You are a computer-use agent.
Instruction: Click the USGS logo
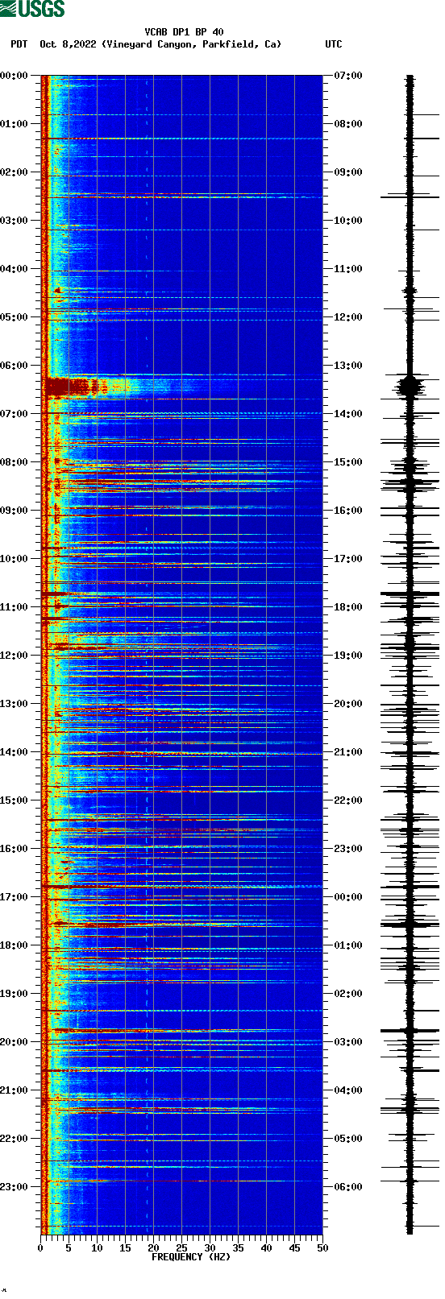pyautogui.click(x=32, y=9)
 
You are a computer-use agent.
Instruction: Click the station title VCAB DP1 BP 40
pyautogui.click(x=184, y=32)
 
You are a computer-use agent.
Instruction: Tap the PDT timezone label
pyautogui.click(x=19, y=44)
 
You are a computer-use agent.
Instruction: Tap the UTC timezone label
pyautogui.click(x=333, y=44)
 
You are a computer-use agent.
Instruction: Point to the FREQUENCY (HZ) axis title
pyautogui.click(x=191, y=1256)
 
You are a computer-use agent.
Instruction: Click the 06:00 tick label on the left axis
pyautogui.click(x=14, y=366)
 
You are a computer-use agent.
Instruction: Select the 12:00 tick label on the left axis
pyautogui.click(x=14, y=656)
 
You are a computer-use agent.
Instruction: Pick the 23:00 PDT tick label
pyautogui.click(x=14, y=1187)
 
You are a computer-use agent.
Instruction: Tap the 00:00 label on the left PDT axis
pyautogui.click(x=14, y=76)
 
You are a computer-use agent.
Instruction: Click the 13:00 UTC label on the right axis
pyautogui.click(x=347, y=366)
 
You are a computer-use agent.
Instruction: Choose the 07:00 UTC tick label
pyautogui.click(x=347, y=76)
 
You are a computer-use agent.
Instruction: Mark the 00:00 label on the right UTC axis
pyautogui.click(x=347, y=897)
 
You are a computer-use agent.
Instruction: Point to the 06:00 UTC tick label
pyautogui.click(x=347, y=1187)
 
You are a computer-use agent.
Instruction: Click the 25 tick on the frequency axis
pyautogui.click(x=181, y=1248)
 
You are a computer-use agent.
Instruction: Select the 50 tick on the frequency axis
pyautogui.click(x=322, y=1248)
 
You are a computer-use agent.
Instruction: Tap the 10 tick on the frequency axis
pyautogui.click(x=97, y=1248)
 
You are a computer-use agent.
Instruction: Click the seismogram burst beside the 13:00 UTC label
pyautogui.click(x=410, y=386)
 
